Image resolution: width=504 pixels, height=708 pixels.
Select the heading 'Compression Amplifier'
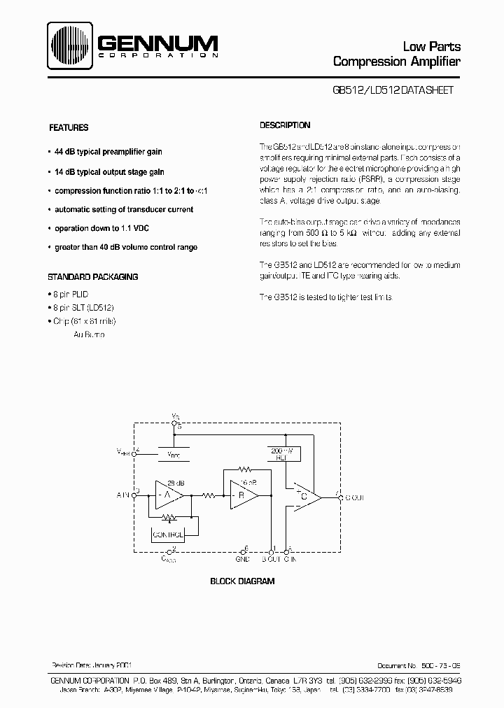pyautogui.click(x=397, y=62)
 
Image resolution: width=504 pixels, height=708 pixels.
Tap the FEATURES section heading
pyautogui.click(x=68, y=128)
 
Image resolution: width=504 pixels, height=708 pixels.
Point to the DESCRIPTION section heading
pyautogui.click(x=285, y=126)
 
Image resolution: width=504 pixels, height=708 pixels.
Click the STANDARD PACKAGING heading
pyautogui.click(x=92, y=277)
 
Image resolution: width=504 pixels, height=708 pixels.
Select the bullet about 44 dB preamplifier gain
pyautogui.click(x=108, y=152)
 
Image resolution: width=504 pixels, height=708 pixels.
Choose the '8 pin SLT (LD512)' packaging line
pyautogui.click(x=83, y=308)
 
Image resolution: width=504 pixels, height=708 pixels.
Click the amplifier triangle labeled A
pyautogui.click(x=168, y=495)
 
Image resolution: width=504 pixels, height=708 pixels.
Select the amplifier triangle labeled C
pyautogui.click(x=307, y=497)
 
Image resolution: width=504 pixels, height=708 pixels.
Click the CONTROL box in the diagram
pyautogui.click(x=168, y=534)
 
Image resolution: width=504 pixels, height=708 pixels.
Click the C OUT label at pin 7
pyautogui.click(x=354, y=497)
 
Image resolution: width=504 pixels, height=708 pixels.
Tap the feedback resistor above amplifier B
pyautogui.click(x=244, y=469)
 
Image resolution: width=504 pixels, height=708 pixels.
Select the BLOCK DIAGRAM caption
pyautogui.click(x=242, y=581)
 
